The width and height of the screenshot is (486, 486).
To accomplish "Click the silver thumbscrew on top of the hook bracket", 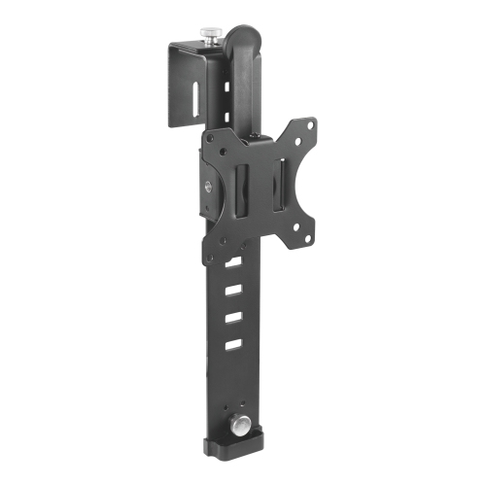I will coord(211,35).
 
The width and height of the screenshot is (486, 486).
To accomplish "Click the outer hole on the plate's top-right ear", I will coord(310,123).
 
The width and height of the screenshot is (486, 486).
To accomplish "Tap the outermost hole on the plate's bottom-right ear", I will coord(309,236).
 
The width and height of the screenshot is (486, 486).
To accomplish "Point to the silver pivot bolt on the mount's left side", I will coord(208,189).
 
